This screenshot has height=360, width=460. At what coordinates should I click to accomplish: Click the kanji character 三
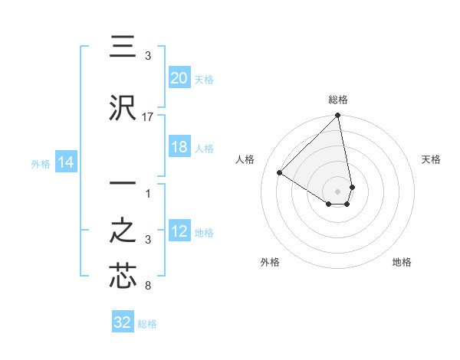[123, 47]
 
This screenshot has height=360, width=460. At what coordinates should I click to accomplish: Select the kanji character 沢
[123, 108]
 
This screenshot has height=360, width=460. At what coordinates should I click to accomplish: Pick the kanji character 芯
[123, 277]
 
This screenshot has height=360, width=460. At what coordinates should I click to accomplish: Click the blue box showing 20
[179, 78]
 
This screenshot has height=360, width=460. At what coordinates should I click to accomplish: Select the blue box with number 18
[179, 147]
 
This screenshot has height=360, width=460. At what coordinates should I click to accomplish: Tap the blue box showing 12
[179, 231]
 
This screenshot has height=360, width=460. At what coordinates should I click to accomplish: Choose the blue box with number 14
[66, 162]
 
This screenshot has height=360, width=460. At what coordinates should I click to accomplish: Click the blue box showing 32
[123, 322]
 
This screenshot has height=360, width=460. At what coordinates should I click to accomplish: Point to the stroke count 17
[148, 117]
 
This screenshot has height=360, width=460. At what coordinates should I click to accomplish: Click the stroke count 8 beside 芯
[148, 286]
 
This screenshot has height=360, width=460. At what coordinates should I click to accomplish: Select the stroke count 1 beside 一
[148, 192]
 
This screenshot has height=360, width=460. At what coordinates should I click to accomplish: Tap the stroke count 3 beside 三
[148, 56]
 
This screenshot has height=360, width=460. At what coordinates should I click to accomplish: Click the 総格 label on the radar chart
[338, 100]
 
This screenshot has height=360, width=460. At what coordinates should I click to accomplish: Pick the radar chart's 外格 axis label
[270, 263]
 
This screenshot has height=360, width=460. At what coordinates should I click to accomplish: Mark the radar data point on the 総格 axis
[338, 116]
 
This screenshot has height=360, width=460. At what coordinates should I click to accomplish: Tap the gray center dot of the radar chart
[338, 191]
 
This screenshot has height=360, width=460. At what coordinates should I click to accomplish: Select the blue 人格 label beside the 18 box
[204, 148]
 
